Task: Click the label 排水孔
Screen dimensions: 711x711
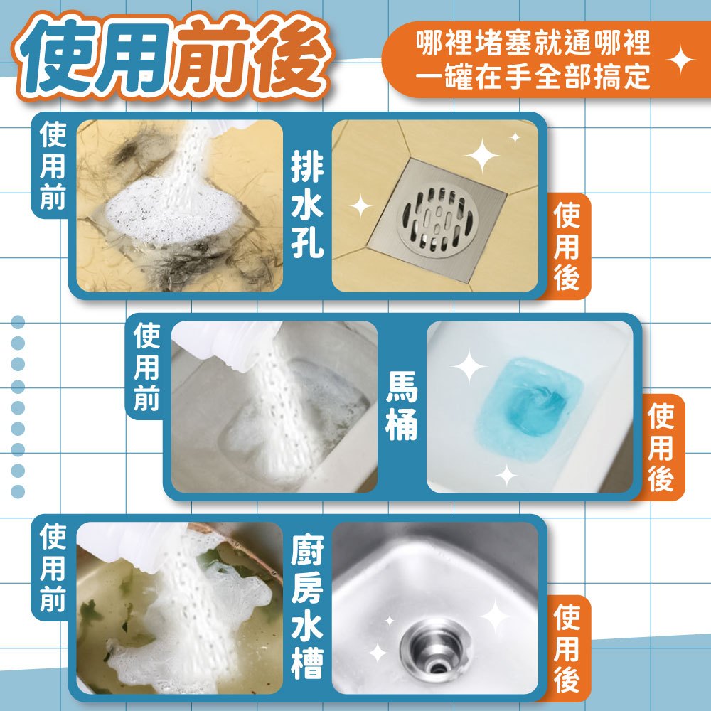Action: point(307,205)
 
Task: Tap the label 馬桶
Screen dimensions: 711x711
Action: point(401,405)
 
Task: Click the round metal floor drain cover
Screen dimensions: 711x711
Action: point(437,222)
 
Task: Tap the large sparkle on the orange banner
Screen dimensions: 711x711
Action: point(680,60)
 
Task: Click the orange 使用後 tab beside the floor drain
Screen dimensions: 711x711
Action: point(567,246)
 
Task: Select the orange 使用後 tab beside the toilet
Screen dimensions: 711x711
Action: point(661,447)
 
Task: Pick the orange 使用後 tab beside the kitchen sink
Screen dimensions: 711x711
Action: point(567,648)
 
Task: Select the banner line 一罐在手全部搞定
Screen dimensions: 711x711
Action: point(533,77)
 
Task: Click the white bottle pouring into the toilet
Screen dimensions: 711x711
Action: point(227,343)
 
